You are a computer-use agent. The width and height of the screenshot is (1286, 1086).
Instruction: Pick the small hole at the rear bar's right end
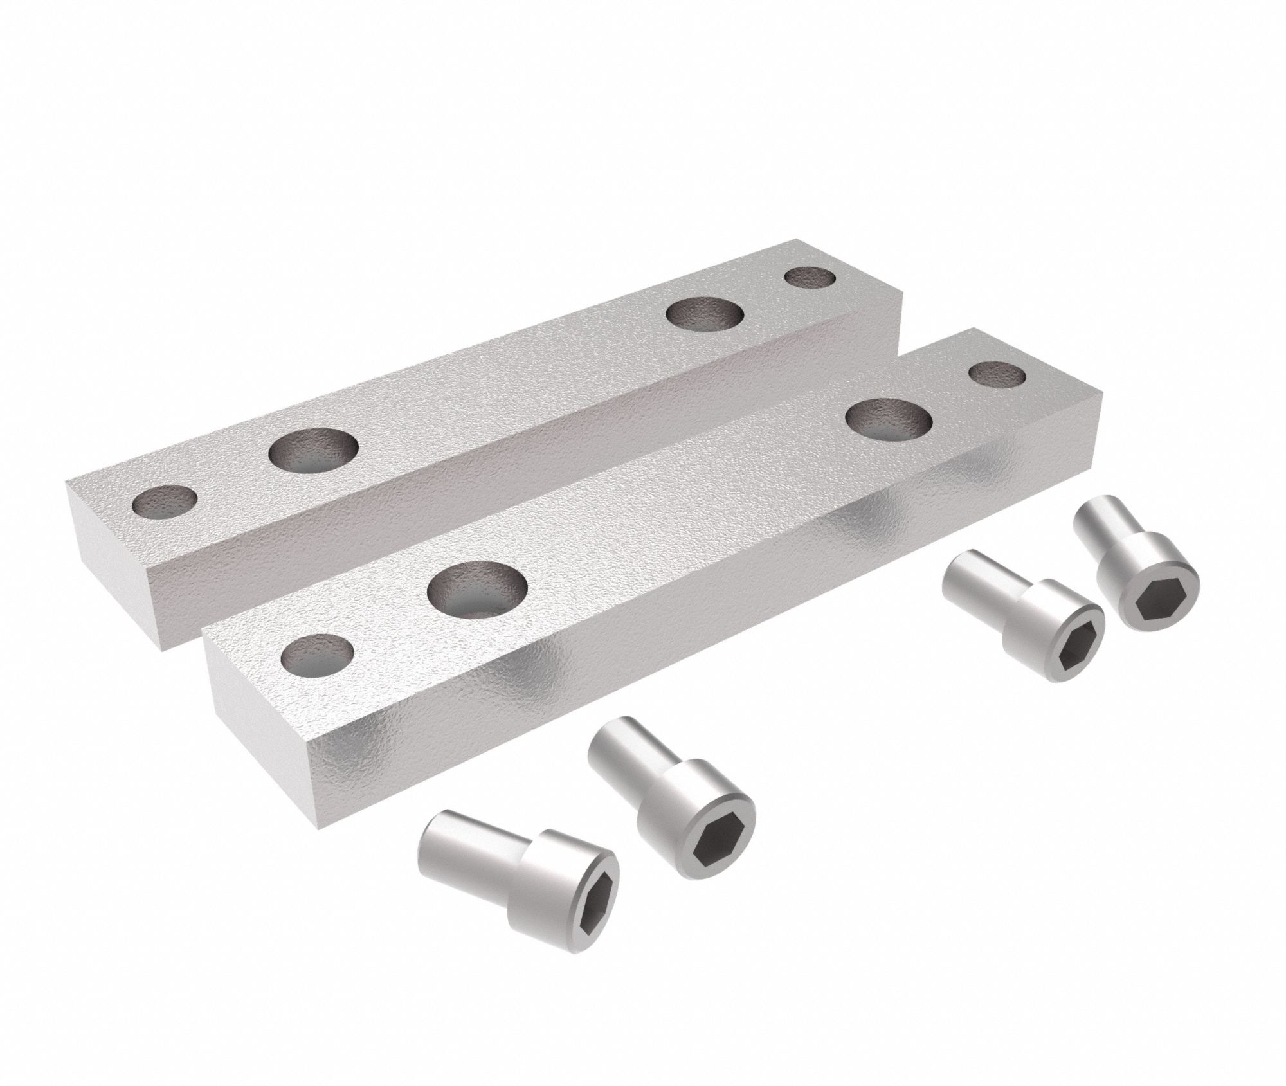coord(810,278)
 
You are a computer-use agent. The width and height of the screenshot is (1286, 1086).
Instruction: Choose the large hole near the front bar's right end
coord(890,419)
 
